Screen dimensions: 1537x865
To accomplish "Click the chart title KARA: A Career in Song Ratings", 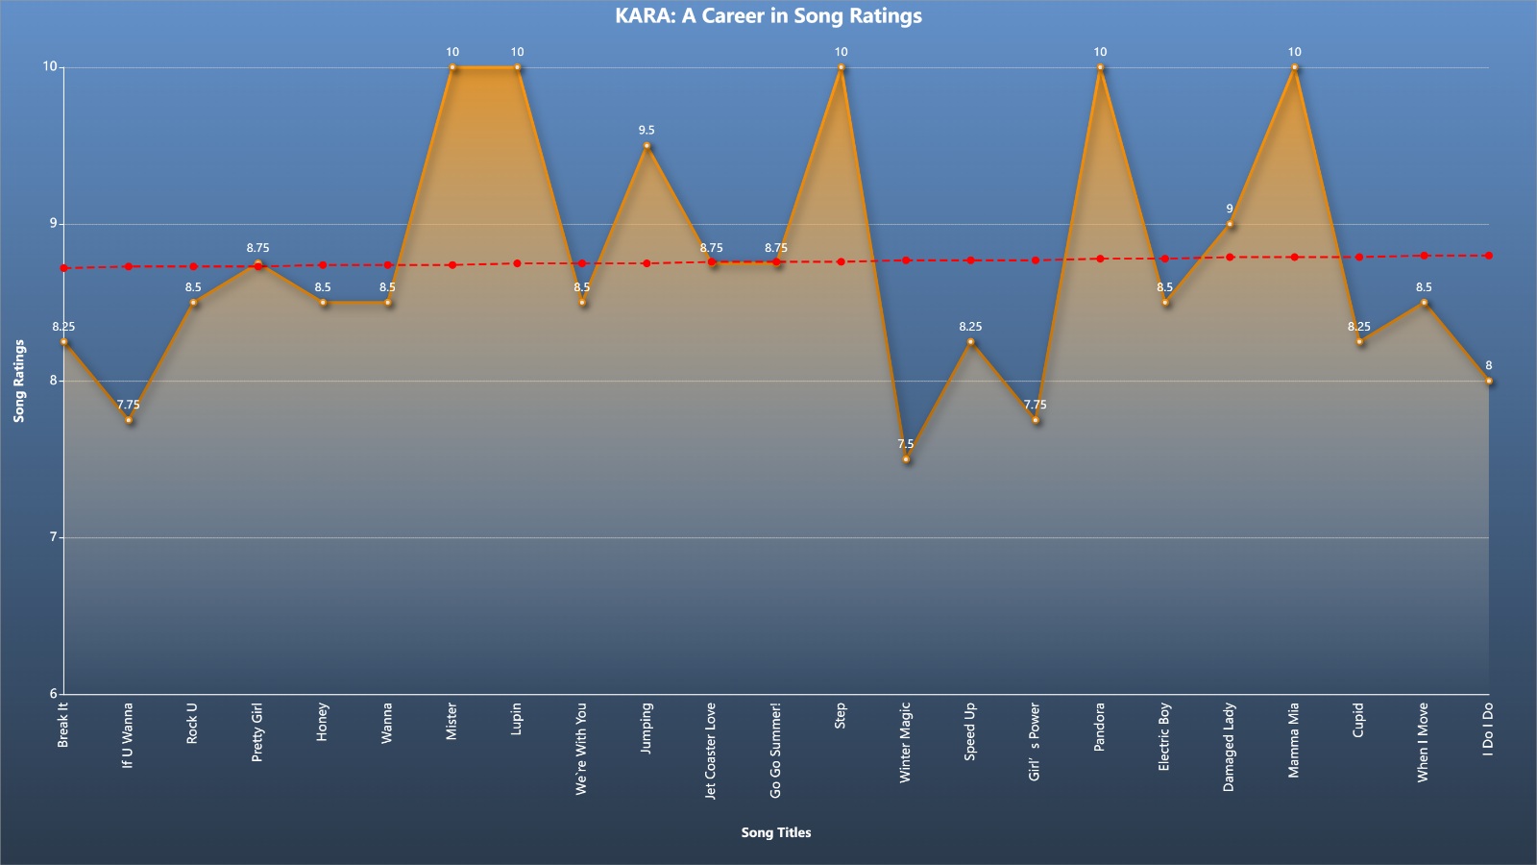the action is [x=768, y=15].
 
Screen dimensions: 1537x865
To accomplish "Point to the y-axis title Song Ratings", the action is [x=19, y=381].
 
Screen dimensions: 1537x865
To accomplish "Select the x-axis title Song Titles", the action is [x=776, y=832].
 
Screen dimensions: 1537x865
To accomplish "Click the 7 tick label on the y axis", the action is [x=53, y=537].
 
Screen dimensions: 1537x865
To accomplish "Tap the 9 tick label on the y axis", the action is [x=53, y=224].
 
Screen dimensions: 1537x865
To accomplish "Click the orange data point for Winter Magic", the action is [x=906, y=458].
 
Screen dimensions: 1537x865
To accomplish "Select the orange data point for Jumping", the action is [x=647, y=145].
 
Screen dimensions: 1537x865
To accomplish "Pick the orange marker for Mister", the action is [x=452, y=67].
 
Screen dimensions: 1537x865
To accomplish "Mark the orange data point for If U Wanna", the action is [x=129, y=419].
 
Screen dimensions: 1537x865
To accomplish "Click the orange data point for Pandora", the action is [x=1100, y=67].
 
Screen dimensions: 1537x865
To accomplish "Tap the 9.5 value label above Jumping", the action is [x=647, y=130].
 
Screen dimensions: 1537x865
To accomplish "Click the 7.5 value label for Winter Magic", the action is [x=906, y=443].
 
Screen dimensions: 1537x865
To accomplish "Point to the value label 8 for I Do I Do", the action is [x=1488, y=365].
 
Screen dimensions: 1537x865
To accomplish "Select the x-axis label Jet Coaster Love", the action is [x=711, y=751].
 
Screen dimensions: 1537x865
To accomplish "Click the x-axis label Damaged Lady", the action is [x=1229, y=747].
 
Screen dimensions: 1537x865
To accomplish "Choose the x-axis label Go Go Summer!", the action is [x=775, y=751].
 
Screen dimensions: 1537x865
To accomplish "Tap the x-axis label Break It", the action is [x=63, y=725].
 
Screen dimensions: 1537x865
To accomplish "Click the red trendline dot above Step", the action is [x=841, y=261].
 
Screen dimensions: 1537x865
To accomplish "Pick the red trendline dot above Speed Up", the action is [x=970, y=260].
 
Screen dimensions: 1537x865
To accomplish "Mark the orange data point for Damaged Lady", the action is [x=1230, y=224].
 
